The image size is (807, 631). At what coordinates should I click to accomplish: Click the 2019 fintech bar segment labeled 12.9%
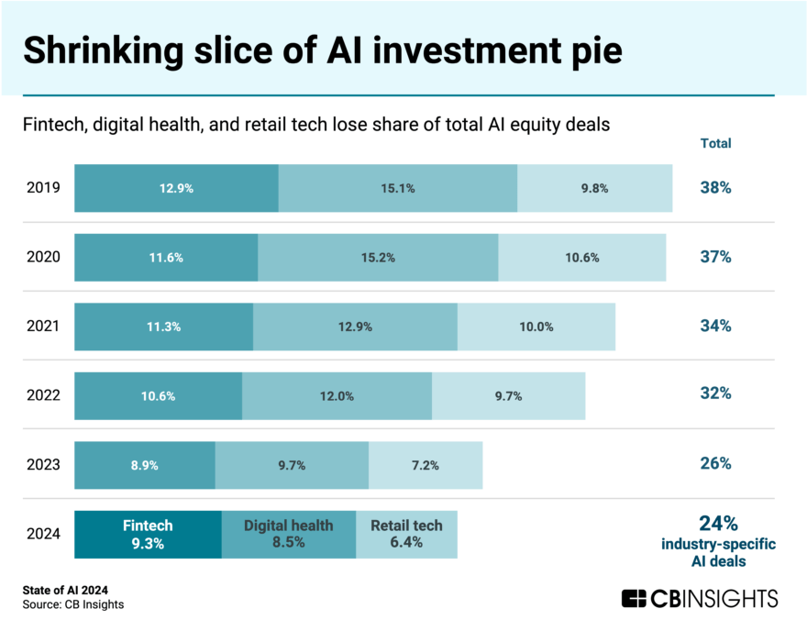point(176,188)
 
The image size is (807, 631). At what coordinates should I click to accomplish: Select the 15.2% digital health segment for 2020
point(378,258)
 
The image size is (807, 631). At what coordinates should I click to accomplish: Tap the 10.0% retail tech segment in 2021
point(536,327)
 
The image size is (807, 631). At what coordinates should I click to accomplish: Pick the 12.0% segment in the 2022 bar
point(337,396)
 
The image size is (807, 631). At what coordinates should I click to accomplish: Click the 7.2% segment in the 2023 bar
point(426,465)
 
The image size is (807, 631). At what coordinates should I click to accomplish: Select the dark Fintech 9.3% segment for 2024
point(148,534)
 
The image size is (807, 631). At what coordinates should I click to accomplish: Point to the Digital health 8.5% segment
point(288,534)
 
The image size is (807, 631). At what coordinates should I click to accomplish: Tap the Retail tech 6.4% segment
point(406,534)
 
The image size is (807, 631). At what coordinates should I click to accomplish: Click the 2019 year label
point(44,188)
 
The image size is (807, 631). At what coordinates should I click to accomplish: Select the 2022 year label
point(44,396)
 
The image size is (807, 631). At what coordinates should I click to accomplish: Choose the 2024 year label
point(44,534)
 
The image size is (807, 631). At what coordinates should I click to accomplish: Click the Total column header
point(715,143)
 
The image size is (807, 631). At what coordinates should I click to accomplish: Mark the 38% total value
point(715,188)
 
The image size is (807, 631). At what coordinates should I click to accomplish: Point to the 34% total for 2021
point(715,326)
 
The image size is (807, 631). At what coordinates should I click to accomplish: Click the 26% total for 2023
point(715,463)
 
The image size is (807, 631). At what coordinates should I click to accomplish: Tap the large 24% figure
point(718,524)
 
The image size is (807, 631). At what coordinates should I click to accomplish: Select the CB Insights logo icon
point(634,599)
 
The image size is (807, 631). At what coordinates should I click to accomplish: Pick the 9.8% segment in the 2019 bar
point(594,188)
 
